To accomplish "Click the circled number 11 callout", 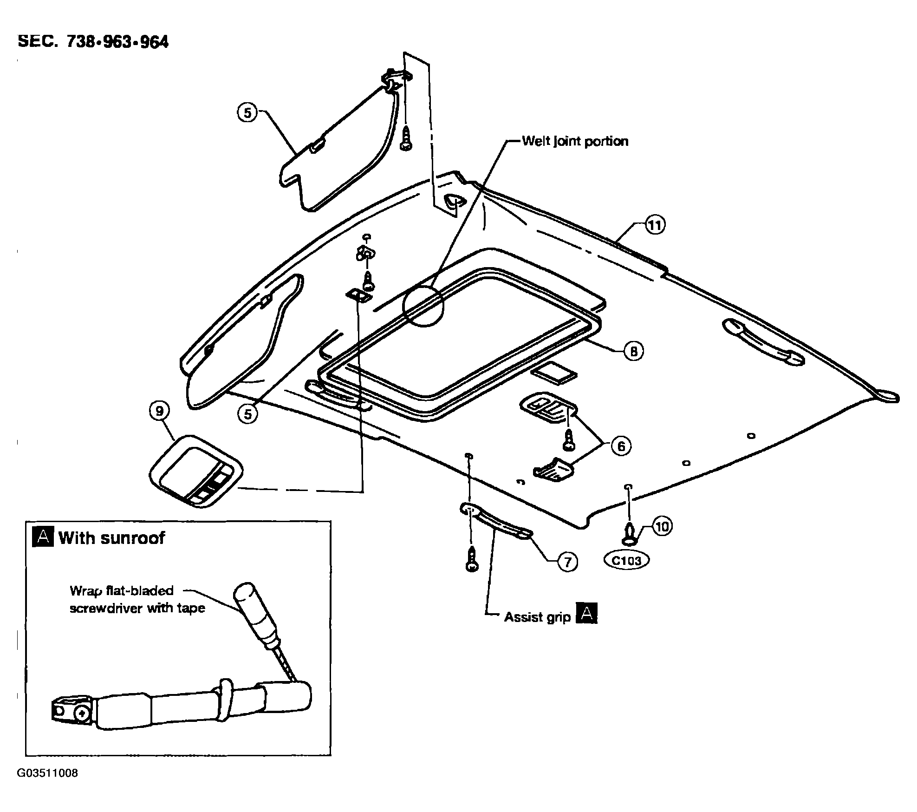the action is point(654,225).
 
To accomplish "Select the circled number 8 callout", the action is point(634,351).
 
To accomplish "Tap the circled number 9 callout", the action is point(160,411).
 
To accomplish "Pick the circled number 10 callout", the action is point(663,526).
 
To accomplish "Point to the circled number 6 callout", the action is point(621,446).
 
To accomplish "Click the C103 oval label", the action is point(627,561).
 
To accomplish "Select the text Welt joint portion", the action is point(575,141).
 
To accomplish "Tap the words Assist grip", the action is point(537,617).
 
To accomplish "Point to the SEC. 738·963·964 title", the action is point(93,41).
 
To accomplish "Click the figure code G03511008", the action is point(47,773).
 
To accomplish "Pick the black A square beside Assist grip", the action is point(586,613).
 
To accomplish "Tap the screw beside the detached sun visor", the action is point(406,138).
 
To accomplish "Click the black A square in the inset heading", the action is point(43,537).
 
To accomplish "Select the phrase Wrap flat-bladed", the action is point(122,591).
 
